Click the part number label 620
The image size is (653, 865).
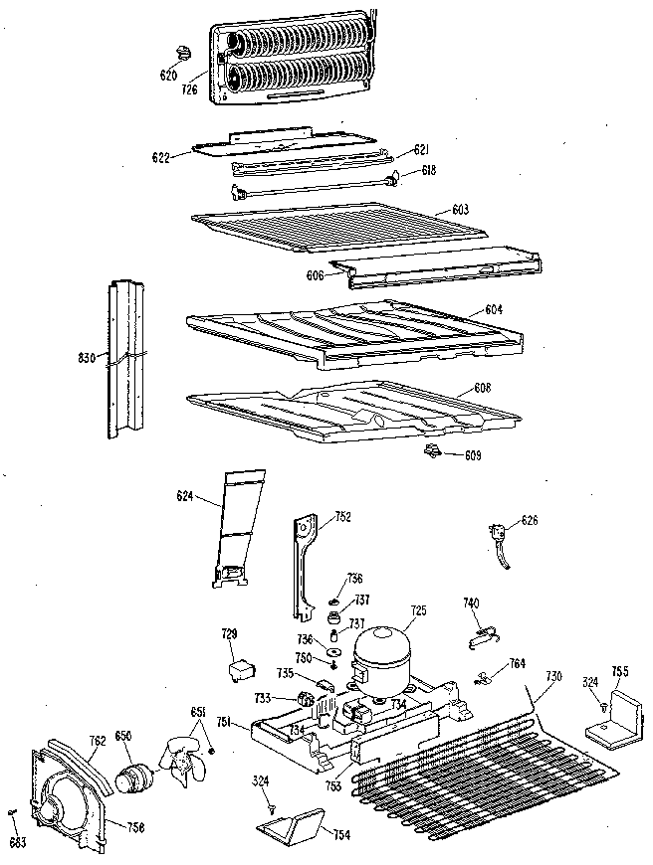(x=168, y=75)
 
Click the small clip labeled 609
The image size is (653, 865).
(x=433, y=452)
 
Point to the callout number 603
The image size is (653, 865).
(x=460, y=210)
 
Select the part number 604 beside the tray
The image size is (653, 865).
(x=494, y=310)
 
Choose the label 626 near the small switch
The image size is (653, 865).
(x=530, y=519)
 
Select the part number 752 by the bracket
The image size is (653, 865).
(x=343, y=516)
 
